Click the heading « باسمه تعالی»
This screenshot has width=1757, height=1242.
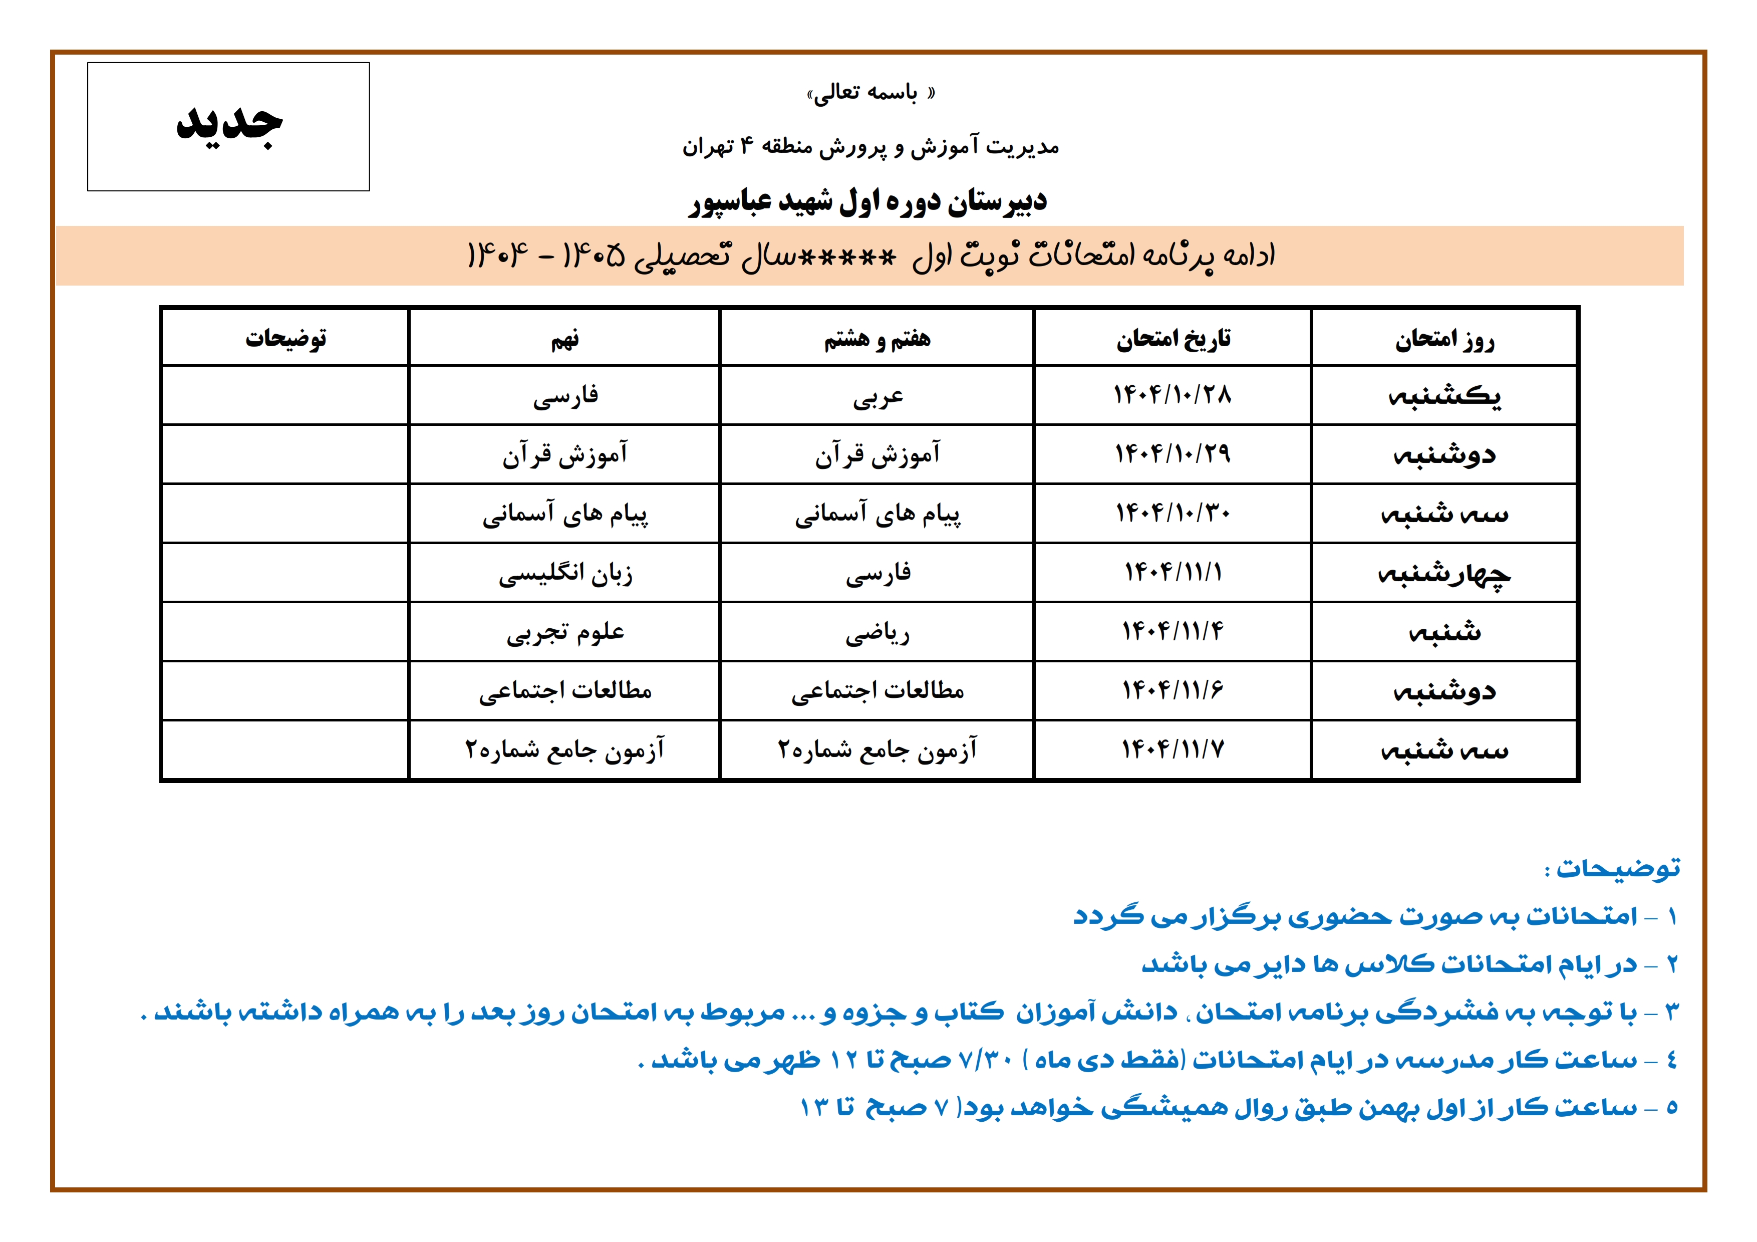tap(871, 93)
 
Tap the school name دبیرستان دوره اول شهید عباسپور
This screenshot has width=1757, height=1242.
tap(868, 202)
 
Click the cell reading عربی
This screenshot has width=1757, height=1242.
tap(877, 396)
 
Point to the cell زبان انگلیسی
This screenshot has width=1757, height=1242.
tap(565, 573)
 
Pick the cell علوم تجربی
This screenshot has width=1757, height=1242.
tap(565, 633)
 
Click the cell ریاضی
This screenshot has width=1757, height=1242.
tap(877, 633)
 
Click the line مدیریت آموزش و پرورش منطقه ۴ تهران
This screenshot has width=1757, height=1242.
tap(871, 146)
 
